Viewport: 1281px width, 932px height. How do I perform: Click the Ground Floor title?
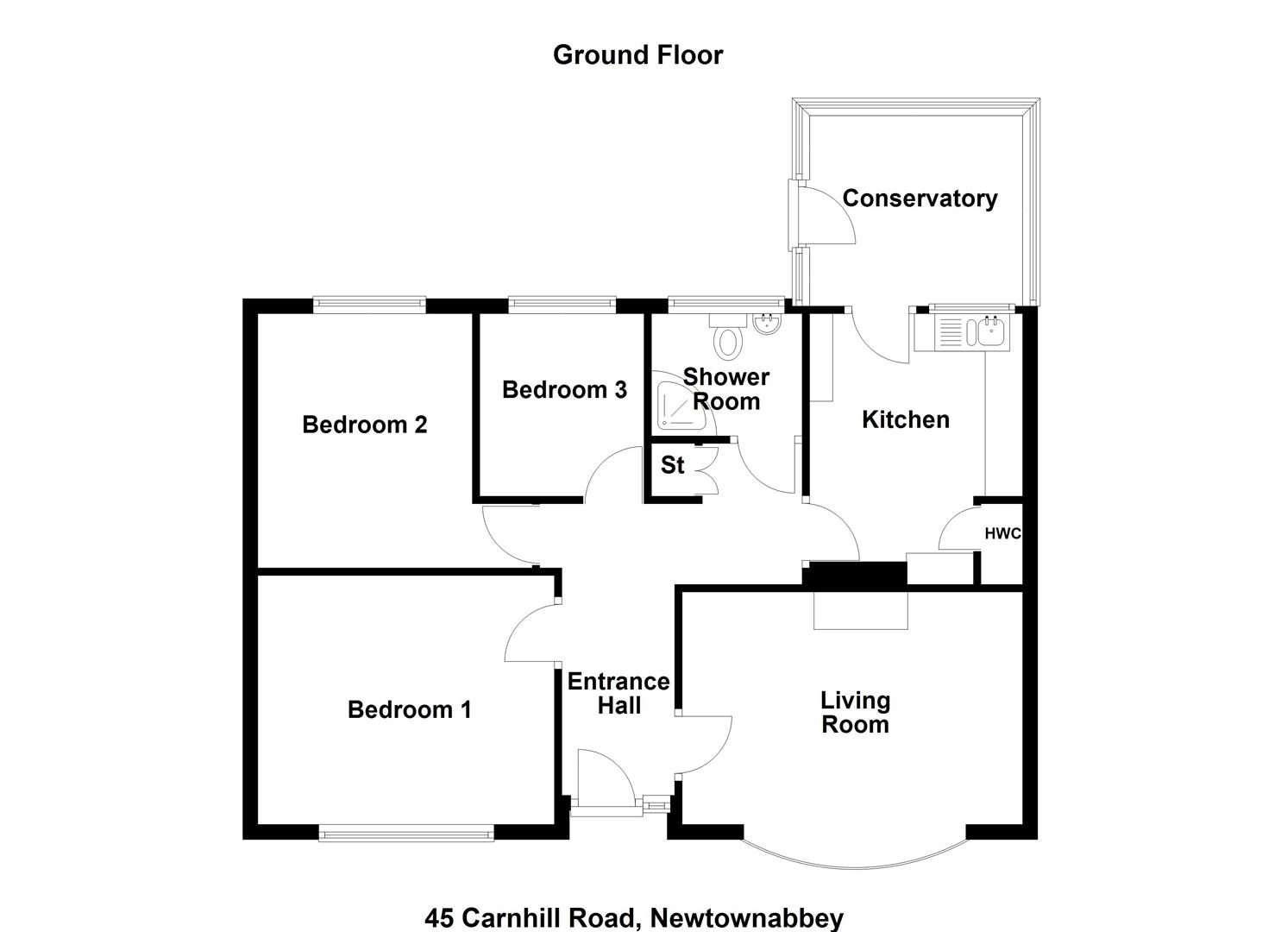click(637, 55)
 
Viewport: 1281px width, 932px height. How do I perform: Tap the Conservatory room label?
click(920, 198)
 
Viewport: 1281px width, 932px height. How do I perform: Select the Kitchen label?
click(906, 420)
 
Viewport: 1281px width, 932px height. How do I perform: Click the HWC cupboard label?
click(1002, 534)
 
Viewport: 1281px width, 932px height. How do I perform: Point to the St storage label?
click(673, 465)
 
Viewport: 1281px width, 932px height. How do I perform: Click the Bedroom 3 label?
click(564, 390)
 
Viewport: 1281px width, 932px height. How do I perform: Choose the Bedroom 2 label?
click(365, 425)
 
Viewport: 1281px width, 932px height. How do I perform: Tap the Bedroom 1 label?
click(410, 710)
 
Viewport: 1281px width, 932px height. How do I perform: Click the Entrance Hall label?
click(619, 694)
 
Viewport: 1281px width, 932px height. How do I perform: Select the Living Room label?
click(856, 713)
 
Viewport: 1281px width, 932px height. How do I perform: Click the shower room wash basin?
click(768, 324)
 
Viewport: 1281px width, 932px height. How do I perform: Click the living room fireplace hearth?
click(861, 610)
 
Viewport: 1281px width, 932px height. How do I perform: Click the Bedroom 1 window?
click(406, 834)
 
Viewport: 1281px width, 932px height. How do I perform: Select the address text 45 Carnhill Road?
click(531, 917)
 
